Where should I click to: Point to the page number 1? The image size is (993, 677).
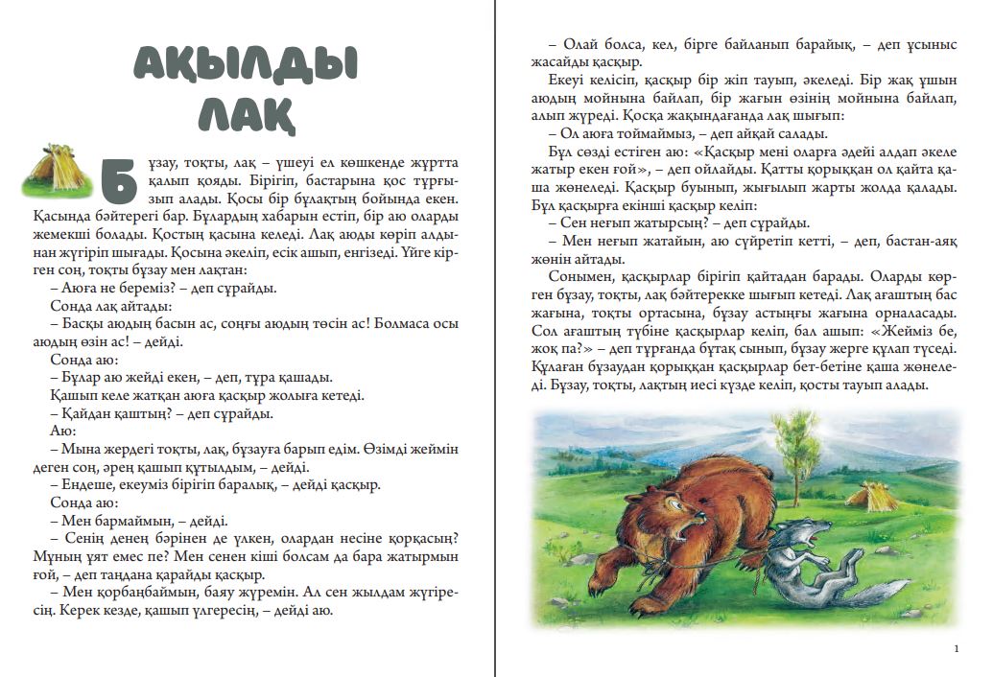(x=957, y=649)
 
